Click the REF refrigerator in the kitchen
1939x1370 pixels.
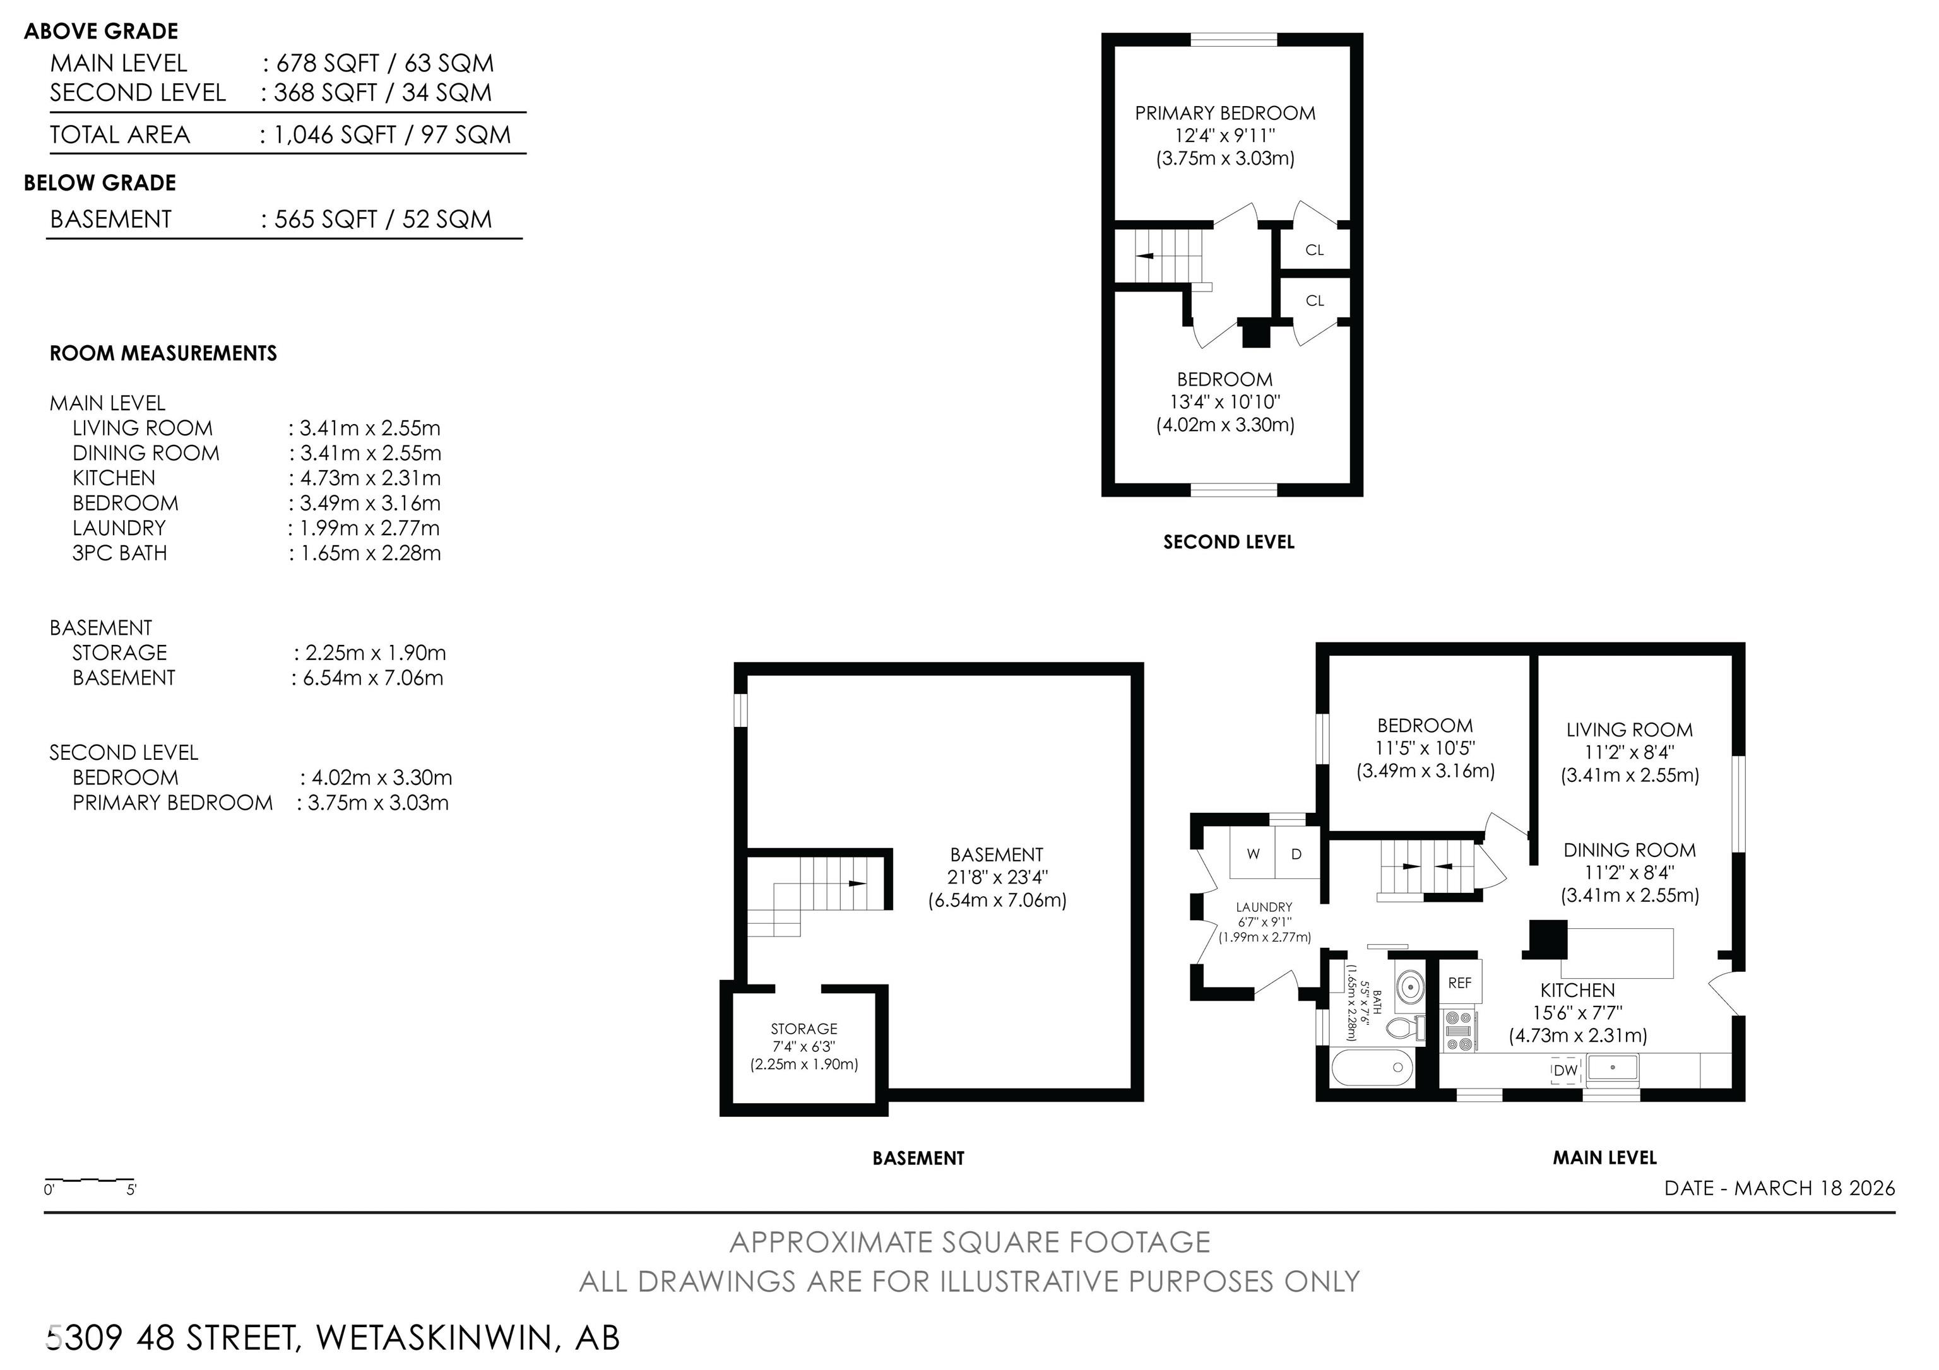click(x=1459, y=983)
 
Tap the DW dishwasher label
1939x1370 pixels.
click(x=1565, y=1070)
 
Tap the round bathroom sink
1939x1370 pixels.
click(x=1409, y=985)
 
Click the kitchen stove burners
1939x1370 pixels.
click(x=1459, y=1030)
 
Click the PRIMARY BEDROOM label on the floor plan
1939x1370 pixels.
click(x=1224, y=113)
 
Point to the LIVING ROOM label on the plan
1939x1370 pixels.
click(x=1629, y=730)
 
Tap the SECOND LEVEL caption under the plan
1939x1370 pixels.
click(x=1229, y=542)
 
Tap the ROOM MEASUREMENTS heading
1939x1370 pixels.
click(x=163, y=353)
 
